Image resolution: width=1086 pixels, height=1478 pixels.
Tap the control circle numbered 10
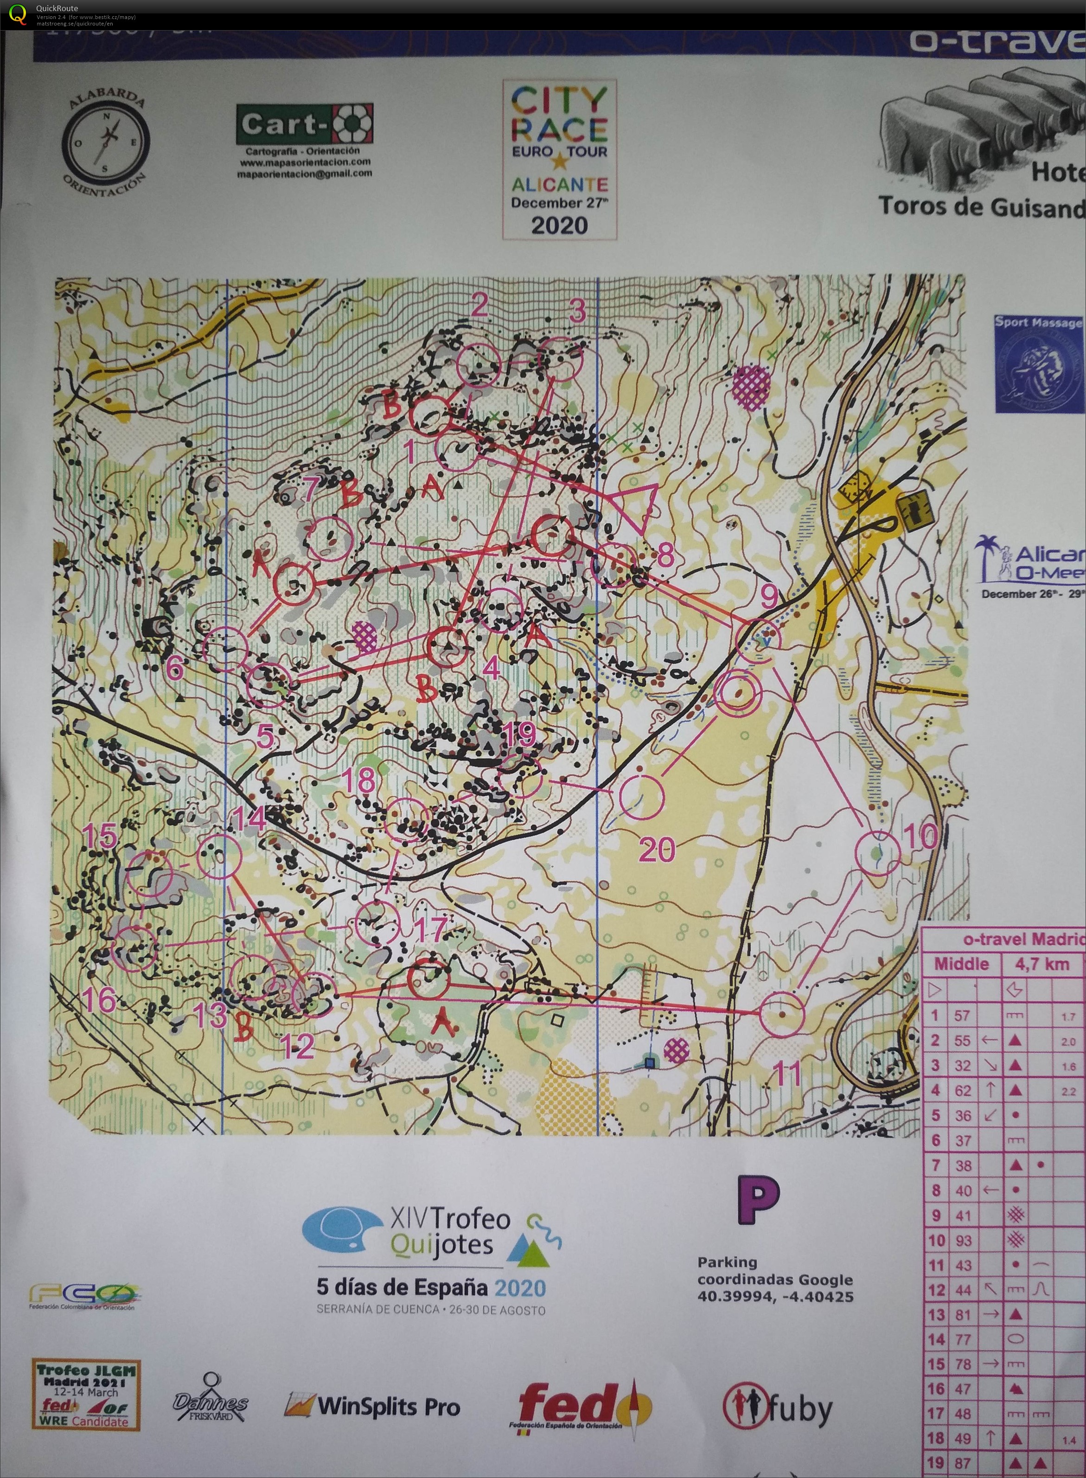click(x=877, y=853)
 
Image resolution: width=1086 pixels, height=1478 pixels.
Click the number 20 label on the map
click(x=656, y=850)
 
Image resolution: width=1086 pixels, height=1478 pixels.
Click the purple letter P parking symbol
click(x=757, y=1202)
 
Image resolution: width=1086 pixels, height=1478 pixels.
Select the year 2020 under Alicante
click(x=559, y=225)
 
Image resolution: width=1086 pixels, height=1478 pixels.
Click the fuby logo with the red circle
click(x=777, y=1407)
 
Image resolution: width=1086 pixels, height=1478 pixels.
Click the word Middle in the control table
click(x=961, y=964)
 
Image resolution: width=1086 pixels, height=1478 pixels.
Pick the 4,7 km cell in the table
click(x=1042, y=964)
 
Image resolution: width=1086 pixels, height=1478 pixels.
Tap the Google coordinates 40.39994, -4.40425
click(x=775, y=1297)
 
